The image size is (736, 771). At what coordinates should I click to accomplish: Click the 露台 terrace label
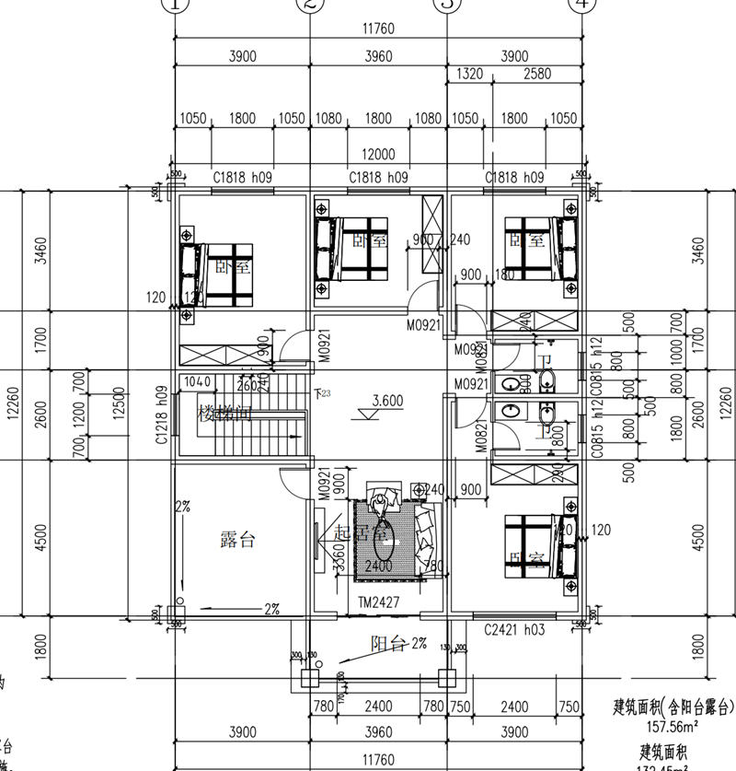[237, 540]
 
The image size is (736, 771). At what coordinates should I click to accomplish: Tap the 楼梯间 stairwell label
[224, 415]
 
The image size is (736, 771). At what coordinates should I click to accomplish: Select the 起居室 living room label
[354, 532]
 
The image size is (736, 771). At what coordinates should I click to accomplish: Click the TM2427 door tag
[378, 600]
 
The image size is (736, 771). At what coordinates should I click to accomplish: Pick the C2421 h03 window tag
[514, 630]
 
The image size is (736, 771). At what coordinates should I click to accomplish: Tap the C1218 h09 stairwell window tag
[161, 415]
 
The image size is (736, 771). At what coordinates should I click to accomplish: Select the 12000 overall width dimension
[378, 154]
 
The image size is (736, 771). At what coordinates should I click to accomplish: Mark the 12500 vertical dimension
[118, 415]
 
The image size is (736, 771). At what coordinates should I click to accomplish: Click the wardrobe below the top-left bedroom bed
[223, 356]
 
